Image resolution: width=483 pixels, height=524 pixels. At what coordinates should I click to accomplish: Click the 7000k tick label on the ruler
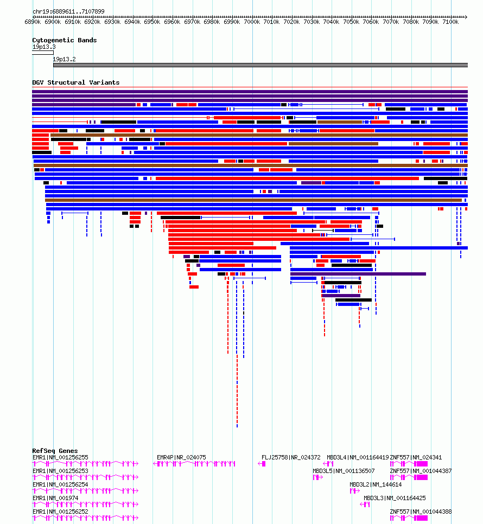[x=251, y=22]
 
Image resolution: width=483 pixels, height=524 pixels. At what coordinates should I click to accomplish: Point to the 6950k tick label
[x=152, y=22]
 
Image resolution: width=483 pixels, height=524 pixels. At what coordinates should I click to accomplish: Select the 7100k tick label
[x=450, y=22]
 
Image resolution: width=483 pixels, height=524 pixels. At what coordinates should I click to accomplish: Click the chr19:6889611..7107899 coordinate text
[x=68, y=11]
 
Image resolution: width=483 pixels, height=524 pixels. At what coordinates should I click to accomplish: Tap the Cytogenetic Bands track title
[x=65, y=40]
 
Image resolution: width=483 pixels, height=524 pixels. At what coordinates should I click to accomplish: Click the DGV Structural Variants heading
[x=76, y=82]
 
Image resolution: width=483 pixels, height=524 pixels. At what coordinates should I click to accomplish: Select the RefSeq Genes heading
[x=55, y=451]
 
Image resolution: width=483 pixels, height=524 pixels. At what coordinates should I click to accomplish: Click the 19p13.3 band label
[x=44, y=47]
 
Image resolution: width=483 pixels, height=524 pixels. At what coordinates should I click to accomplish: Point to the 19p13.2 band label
[x=64, y=59]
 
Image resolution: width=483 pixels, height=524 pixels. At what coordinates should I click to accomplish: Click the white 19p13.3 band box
[x=43, y=53]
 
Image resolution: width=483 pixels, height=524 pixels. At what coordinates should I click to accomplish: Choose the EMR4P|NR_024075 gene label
[x=181, y=457]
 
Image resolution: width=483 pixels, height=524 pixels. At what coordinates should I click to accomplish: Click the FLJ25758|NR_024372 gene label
[x=291, y=457]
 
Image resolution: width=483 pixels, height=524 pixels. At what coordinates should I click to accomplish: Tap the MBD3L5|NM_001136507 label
[x=344, y=471]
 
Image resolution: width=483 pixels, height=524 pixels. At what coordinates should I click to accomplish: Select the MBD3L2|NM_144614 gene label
[x=376, y=484]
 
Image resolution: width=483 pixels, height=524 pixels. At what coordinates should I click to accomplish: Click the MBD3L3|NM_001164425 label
[x=395, y=498]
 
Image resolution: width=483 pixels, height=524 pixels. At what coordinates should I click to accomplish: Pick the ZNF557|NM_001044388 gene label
[x=421, y=512]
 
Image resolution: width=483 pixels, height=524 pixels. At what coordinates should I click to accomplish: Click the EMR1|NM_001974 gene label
[x=55, y=498]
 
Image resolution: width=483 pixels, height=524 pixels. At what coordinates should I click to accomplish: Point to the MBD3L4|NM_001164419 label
[x=358, y=457]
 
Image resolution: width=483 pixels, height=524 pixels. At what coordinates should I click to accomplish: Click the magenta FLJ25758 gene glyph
[x=262, y=464]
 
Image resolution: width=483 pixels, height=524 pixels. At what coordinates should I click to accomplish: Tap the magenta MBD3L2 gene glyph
[x=354, y=491]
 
